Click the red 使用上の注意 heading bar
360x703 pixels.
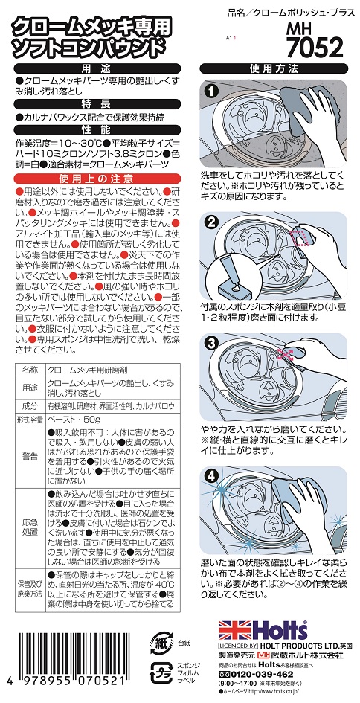(x=97, y=179)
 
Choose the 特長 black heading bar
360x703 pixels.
(x=97, y=104)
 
